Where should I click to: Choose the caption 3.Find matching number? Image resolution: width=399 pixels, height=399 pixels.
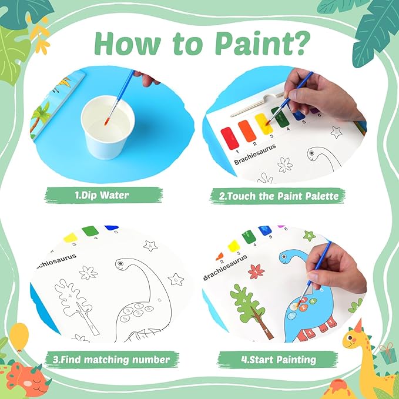tap(109, 359)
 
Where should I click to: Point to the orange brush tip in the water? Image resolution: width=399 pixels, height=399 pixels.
tap(106, 122)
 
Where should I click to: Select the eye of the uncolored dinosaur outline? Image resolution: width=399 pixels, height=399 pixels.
tap(120, 265)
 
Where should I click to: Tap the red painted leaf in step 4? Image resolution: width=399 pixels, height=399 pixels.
tap(256, 271)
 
